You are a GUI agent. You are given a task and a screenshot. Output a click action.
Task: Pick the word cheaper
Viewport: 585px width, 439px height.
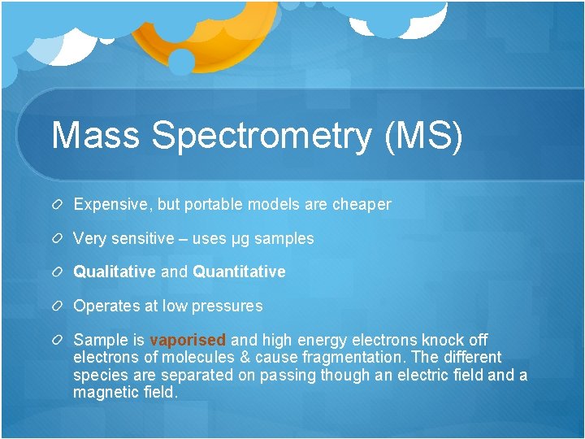pyautogui.click(x=362, y=205)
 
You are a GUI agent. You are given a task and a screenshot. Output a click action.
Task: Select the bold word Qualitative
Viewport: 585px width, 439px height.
pyautogui.click(x=115, y=272)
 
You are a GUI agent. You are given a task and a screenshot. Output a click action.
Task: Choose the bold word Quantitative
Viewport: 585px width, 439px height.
pyautogui.click(x=239, y=272)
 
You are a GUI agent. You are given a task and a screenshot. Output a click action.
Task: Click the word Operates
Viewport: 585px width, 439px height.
pyautogui.click(x=105, y=306)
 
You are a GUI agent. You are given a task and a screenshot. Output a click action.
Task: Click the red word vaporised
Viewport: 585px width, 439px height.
pyautogui.click(x=188, y=341)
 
